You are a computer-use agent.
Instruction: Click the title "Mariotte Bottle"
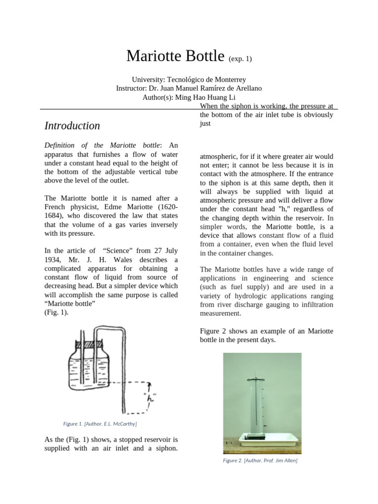[175, 56]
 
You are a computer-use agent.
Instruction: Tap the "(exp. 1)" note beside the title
[240, 59]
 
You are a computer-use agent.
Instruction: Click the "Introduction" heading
[72, 126]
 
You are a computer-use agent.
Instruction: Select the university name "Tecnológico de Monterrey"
[206, 79]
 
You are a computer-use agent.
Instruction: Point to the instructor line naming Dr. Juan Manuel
[189, 88]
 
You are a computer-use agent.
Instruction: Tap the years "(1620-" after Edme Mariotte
[166, 207]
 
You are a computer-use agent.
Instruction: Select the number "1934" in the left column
[53, 259]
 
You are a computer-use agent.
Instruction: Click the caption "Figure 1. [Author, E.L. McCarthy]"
[100, 423]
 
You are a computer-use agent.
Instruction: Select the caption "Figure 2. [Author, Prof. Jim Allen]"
[260, 461]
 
